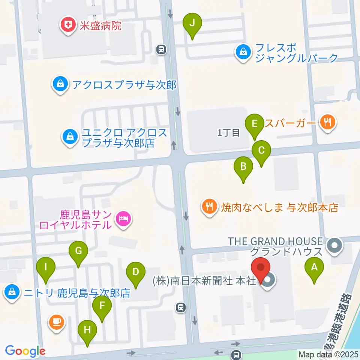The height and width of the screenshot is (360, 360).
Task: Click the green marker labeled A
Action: (314, 268)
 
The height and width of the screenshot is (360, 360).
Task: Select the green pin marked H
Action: (87, 331)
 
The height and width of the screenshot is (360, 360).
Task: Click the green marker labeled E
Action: (255, 124)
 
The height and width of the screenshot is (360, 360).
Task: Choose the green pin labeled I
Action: (46, 268)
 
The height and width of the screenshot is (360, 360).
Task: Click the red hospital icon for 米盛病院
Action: (68, 25)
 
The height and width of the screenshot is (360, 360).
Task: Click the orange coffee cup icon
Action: (57, 321)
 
